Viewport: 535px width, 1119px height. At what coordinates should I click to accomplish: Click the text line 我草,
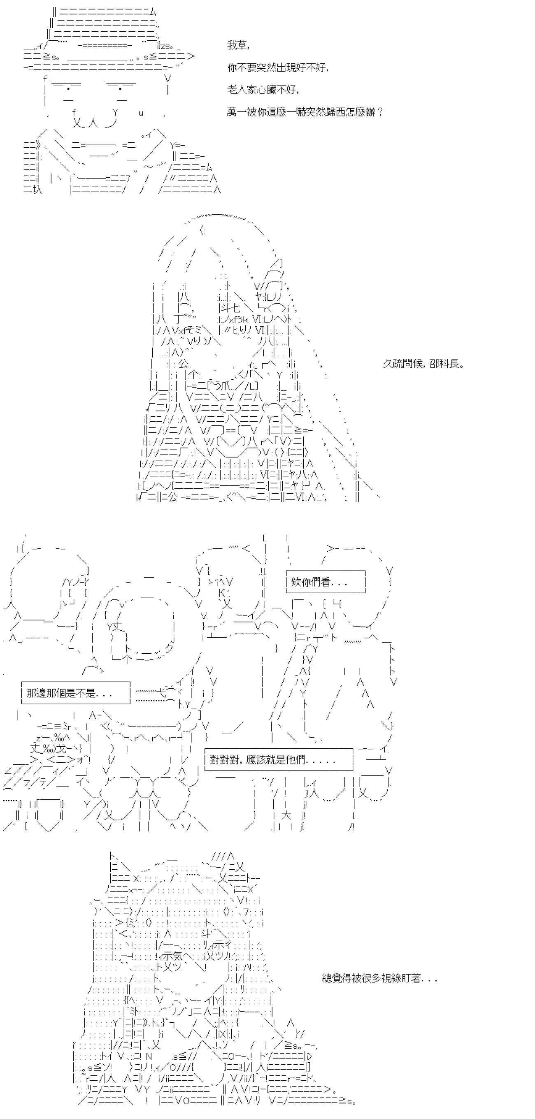pyautogui.click(x=238, y=45)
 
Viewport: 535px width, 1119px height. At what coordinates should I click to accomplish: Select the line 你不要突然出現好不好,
pyautogui.click(x=278, y=67)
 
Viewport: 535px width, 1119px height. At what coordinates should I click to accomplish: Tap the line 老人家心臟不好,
pyautogui.click(x=263, y=90)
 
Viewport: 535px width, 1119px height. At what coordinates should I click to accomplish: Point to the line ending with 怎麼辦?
pyautogui.click(x=305, y=111)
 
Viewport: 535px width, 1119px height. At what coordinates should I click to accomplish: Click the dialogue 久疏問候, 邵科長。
pyautogui.click(x=423, y=364)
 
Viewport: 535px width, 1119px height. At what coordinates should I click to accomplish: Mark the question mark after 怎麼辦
pyautogui.click(x=380, y=111)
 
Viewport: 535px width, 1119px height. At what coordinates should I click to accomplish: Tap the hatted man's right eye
pyautogui.click(x=120, y=89)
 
